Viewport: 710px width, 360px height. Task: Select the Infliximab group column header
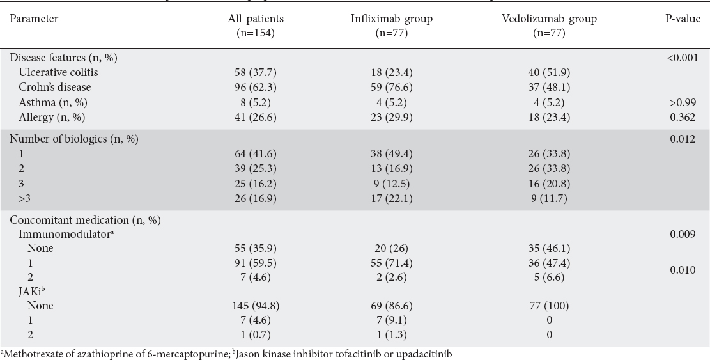click(392, 26)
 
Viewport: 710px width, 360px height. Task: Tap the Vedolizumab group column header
click(549, 26)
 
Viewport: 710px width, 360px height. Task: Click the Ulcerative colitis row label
click(58, 72)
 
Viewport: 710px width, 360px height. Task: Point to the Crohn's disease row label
click(55, 87)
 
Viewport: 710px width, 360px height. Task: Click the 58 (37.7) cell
click(256, 72)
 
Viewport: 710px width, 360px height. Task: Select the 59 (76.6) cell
click(392, 87)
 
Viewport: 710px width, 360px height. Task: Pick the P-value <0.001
click(683, 58)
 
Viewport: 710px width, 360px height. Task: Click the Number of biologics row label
click(74, 139)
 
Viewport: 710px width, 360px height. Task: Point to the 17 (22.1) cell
click(392, 198)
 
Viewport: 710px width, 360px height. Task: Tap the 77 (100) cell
click(549, 306)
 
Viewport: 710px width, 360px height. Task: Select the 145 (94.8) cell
click(256, 306)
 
